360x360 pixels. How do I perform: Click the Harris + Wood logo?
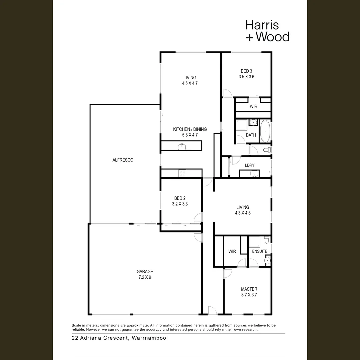pos(267,31)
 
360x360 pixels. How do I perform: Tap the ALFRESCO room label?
pos(123,160)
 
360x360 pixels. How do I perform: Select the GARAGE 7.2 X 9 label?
pos(145,274)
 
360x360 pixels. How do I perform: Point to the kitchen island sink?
pos(182,146)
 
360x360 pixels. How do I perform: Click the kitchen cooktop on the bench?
pos(182,173)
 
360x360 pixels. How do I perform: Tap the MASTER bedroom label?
pos(249,289)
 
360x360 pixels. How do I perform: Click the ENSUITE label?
pos(259,251)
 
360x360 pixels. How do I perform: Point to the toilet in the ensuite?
pos(266,240)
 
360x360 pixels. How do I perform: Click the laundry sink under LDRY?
pos(254,174)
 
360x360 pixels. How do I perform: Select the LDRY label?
pos(250,165)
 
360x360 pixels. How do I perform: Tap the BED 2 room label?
pos(180,198)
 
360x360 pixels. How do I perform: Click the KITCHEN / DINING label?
pos(190,129)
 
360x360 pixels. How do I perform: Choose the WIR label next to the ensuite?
pos(232,251)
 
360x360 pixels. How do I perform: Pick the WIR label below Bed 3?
pos(253,107)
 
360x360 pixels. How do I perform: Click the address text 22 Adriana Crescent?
pos(119,338)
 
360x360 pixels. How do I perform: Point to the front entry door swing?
pos(212,310)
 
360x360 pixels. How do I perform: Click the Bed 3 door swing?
pos(227,93)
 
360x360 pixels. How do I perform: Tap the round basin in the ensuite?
pos(267,260)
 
